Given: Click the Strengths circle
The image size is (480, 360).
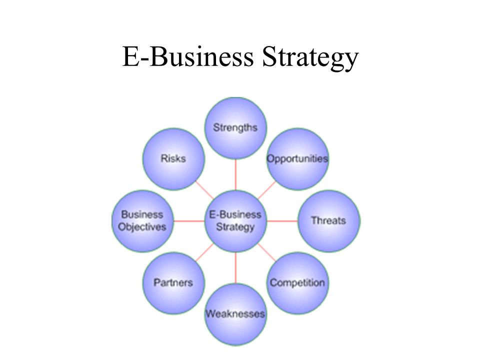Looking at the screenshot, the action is (x=235, y=127).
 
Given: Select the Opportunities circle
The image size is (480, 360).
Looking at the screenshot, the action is (x=297, y=159).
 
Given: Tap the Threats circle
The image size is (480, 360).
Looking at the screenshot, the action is (x=329, y=220).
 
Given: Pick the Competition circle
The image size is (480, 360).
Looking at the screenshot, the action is (x=297, y=283).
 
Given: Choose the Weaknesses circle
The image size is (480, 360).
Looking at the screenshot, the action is (x=235, y=314).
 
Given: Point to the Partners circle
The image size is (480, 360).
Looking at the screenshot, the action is (x=173, y=283).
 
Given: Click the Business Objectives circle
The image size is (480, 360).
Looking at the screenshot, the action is (x=142, y=220).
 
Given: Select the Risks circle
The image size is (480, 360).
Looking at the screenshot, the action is (x=173, y=159).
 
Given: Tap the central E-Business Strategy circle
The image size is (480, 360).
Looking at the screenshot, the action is (x=235, y=220).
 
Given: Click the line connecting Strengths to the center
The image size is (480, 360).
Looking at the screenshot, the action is (x=235, y=174).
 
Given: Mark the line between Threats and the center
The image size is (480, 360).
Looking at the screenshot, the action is (x=282, y=220).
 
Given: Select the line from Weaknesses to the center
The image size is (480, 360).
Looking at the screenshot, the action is (x=235, y=267).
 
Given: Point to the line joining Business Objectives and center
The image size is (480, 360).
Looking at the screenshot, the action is (x=189, y=220).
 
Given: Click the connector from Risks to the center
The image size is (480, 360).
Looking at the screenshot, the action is (x=204, y=190).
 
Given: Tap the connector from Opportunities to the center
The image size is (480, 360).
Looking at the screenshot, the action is (x=266, y=190).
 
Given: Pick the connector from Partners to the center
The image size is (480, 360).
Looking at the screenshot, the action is (x=204, y=252).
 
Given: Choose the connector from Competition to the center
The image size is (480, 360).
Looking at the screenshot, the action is (x=266, y=252).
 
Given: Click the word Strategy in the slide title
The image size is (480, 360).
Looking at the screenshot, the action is (x=310, y=58).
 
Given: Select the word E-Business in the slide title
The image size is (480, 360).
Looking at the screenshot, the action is (x=188, y=56).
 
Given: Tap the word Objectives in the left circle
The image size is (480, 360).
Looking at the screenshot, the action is (x=142, y=227).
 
